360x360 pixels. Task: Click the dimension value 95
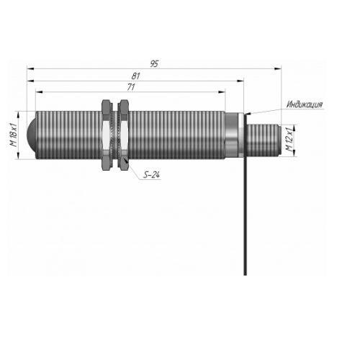[x=154, y=64]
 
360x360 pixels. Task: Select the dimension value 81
[x=135, y=76]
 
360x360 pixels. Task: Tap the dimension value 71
[x=131, y=87]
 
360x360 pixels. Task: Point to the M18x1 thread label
[x=14, y=135]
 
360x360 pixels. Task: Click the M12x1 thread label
[x=289, y=140]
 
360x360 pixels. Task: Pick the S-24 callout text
[x=151, y=175]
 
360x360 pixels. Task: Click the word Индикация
[x=305, y=104]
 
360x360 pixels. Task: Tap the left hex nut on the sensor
[x=107, y=135]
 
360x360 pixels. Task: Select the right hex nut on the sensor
[x=125, y=135]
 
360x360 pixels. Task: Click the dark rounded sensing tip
[x=31, y=135]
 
